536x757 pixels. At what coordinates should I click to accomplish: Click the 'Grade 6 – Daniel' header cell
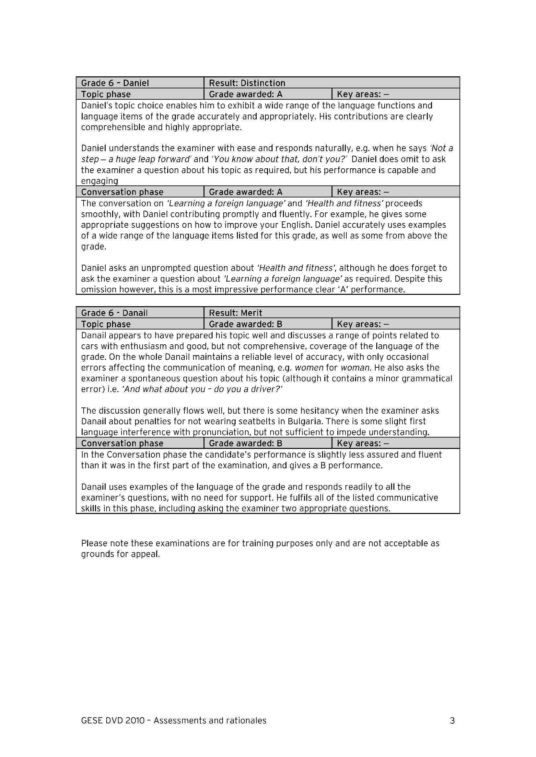pos(115,83)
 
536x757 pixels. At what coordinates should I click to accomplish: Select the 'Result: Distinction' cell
pos(247,83)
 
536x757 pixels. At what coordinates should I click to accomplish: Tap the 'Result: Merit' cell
pos(235,313)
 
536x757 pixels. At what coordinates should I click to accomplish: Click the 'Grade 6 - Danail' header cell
pos(114,313)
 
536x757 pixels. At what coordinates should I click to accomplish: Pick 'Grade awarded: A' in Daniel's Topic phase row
pos(246,94)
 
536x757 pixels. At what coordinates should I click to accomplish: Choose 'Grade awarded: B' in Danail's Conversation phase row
pos(246,443)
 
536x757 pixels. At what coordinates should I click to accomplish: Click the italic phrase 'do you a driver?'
pos(248,389)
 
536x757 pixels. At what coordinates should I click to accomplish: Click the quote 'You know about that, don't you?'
pos(279,159)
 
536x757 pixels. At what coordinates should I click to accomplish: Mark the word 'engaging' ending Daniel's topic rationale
pos(100,181)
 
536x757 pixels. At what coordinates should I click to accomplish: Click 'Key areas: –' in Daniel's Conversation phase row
pos(363,192)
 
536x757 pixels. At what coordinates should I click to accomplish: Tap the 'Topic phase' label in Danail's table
pos(106,324)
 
